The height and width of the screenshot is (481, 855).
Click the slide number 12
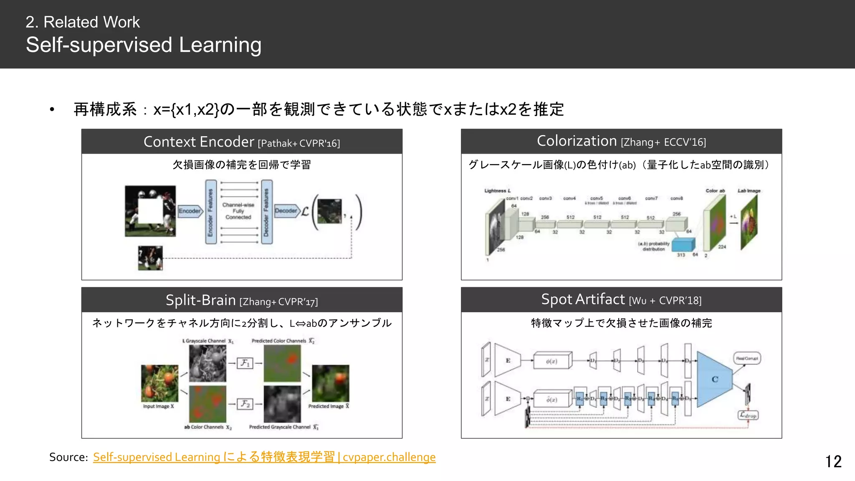[833, 461]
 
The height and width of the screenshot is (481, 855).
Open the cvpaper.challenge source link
[264, 457]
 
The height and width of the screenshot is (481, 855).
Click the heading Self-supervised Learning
[144, 45]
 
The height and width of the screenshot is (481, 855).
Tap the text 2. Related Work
[83, 22]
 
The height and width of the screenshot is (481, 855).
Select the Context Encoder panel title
[242, 142]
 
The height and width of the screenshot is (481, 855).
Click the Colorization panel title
[621, 142]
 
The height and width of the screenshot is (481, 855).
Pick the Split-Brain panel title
[242, 300]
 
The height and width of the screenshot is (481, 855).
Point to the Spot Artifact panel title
[621, 300]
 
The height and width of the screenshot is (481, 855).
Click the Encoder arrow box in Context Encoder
[190, 211]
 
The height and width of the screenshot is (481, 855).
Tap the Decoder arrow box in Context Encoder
[287, 211]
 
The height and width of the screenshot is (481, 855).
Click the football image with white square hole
[150, 211]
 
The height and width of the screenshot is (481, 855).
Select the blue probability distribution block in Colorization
[683, 245]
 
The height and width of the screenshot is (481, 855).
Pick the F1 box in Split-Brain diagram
[245, 363]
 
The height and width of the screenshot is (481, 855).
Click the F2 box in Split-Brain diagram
[245, 404]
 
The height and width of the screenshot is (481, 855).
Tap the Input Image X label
[158, 406]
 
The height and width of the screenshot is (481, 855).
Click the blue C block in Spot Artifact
[714, 379]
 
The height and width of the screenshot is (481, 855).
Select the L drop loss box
[748, 415]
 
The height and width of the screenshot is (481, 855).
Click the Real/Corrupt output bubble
[747, 358]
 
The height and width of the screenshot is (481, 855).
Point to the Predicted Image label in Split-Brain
[329, 406]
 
